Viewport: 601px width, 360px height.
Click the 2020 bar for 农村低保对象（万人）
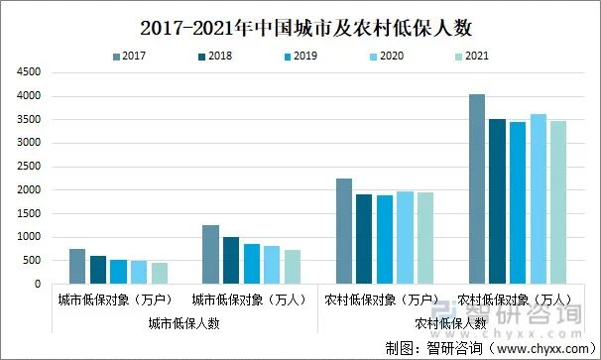539,198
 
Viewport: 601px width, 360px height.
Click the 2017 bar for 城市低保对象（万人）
210,254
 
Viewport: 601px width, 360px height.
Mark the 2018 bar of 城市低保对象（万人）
231,260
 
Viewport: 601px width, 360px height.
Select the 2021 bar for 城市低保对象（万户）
160,273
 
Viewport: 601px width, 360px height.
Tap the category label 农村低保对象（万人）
517,299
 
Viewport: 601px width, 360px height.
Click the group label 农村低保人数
450,322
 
